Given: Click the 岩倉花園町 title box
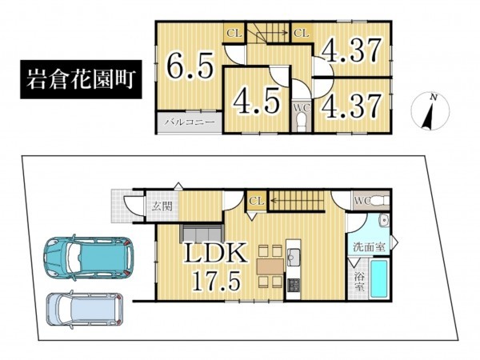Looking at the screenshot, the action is coord(81,79).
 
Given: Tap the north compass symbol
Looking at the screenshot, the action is coord(430,111).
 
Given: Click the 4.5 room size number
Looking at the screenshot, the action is coord(257,100).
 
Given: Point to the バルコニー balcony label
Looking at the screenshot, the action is coord(190,122).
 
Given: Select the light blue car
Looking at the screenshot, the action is coord(85,309).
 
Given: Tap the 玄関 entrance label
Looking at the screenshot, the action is coord(162,206).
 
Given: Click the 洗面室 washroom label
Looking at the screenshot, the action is coord(369,246).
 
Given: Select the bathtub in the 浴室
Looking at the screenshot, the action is coord(380,278).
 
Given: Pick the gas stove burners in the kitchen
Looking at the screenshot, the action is coord(294,286).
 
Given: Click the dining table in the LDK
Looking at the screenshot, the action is coord(271,266).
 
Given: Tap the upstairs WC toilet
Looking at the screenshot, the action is coord(302,120).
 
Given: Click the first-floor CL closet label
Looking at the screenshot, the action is coord(257,201).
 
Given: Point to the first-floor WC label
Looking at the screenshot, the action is coord(362,201).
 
